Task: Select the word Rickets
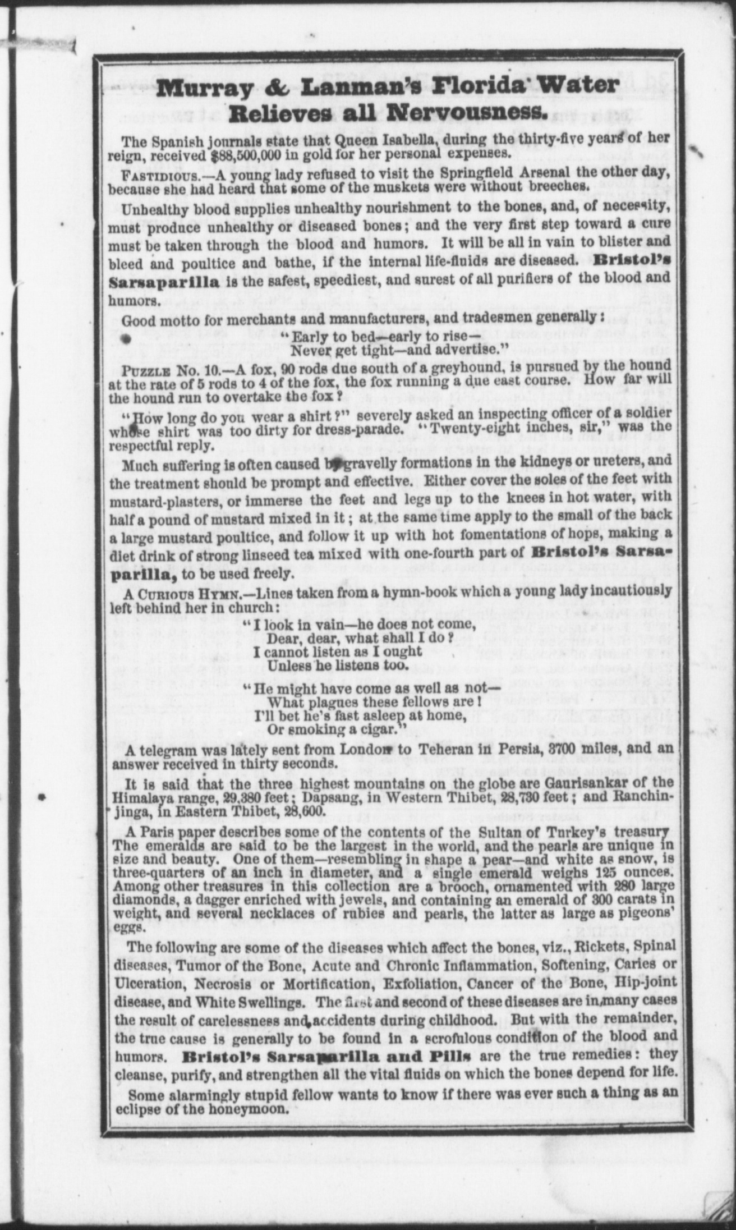[x=599, y=948]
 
